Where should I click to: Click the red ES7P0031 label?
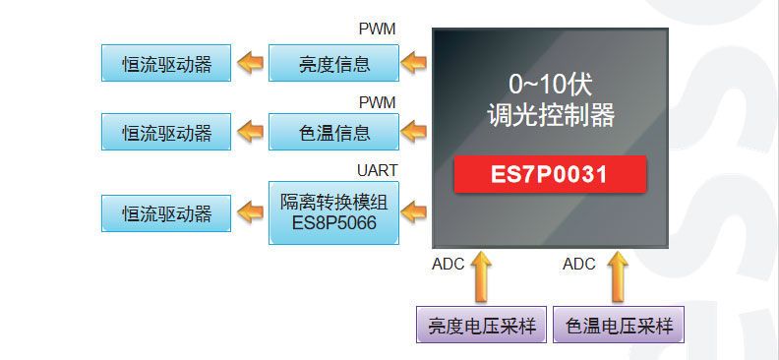pyautogui.click(x=549, y=174)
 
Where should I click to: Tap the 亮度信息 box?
pyautogui.click(x=333, y=64)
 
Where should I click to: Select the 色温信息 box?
pyautogui.click(x=333, y=131)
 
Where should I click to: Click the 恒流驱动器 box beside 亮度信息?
pyautogui.click(x=166, y=64)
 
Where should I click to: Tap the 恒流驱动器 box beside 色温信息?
pyautogui.click(x=166, y=131)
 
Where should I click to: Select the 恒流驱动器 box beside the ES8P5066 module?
pyautogui.click(x=166, y=211)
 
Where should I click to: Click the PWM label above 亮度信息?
pyautogui.click(x=378, y=30)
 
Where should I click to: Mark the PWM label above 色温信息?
pyautogui.click(x=378, y=101)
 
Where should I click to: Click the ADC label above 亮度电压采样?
pyautogui.click(x=449, y=264)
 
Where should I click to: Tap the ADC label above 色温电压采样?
pyautogui.click(x=579, y=264)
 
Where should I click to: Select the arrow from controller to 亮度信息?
pyautogui.click(x=415, y=64)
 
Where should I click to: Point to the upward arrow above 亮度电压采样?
pyautogui.click(x=481, y=276)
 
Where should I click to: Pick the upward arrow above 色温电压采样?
pyautogui.click(x=618, y=276)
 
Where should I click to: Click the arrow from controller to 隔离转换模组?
pyautogui.click(x=415, y=210)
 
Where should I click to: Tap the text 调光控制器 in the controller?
pyautogui.click(x=550, y=116)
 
